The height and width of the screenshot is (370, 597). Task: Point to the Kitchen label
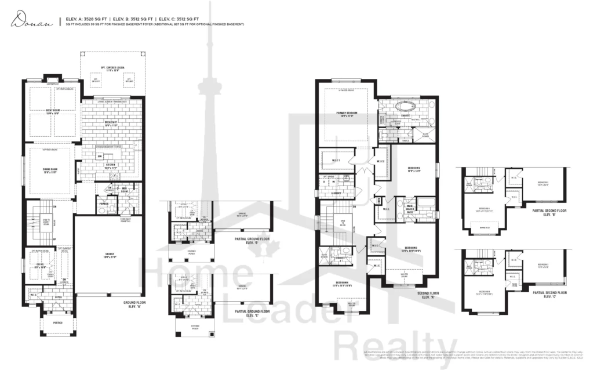click(x=110, y=165)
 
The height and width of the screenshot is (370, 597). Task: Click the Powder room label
click(x=104, y=203)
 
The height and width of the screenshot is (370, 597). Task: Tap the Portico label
click(x=57, y=332)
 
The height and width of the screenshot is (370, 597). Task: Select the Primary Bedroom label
click(x=346, y=114)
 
